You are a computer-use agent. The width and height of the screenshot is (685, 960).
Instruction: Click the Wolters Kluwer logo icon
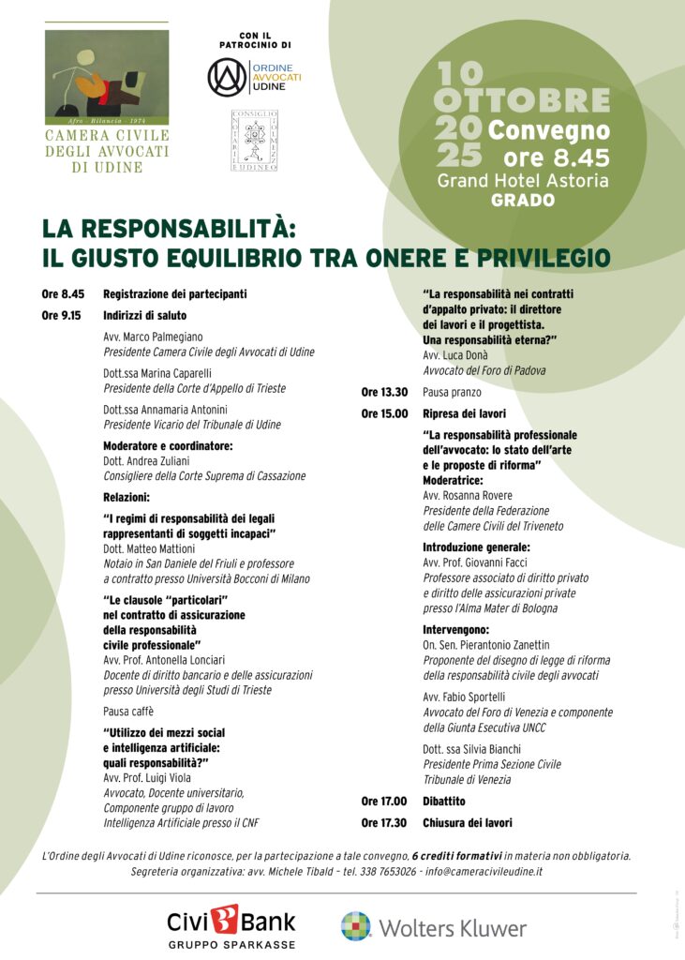[356, 925]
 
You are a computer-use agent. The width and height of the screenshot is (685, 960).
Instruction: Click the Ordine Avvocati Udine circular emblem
[227, 77]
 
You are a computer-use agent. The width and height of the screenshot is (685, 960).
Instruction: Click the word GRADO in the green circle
[523, 200]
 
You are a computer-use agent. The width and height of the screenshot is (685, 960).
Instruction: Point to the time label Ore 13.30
[384, 392]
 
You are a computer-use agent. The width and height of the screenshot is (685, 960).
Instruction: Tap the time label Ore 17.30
[384, 822]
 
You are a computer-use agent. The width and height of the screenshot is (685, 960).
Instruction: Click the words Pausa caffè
[128, 711]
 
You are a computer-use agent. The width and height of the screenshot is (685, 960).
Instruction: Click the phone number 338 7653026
[382, 872]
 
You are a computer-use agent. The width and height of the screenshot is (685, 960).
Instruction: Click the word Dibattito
[444, 802]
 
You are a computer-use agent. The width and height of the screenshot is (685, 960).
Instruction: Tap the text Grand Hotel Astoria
[523, 180]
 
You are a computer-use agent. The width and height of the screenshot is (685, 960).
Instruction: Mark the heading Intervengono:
[456, 630]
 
